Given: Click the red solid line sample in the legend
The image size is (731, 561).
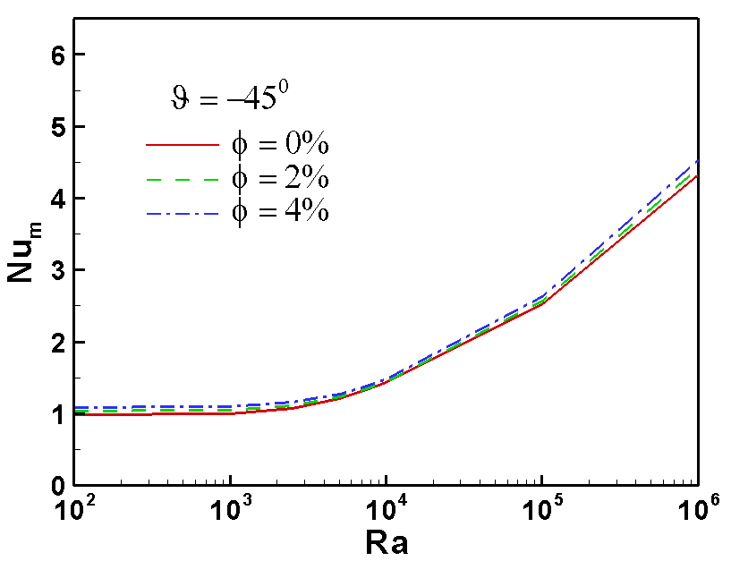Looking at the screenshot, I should click(x=182, y=143).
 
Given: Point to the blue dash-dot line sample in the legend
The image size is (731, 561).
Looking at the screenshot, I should click(x=182, y=213).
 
